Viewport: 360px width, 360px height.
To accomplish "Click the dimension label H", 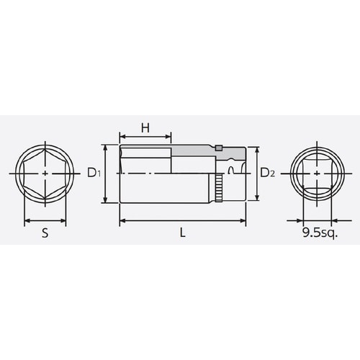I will pos(145,127).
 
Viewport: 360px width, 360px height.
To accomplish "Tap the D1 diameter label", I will pos(92,172).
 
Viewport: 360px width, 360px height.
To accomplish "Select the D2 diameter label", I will pos(267,172).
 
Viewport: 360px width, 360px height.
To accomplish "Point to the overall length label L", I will pos(183,233).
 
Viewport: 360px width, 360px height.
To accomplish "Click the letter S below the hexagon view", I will pos(45,233).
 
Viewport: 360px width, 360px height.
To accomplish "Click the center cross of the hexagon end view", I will pos(45,174).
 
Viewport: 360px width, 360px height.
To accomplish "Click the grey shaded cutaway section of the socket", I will pos(194,151).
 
